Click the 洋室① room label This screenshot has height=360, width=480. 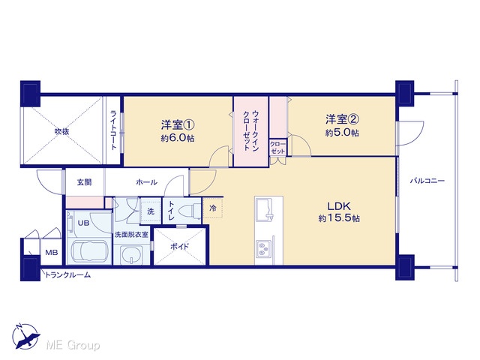(178, 125)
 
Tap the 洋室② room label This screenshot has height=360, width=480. (342, 119)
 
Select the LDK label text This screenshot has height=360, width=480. (339, 206)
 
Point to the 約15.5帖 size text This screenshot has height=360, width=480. (339, 218)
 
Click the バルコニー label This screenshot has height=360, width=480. (427, 181)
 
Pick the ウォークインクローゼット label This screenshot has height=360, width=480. (251, 130)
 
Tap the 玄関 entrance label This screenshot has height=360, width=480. (84, 182)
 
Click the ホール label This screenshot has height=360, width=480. (147, 182)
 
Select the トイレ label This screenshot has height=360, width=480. (171, 211)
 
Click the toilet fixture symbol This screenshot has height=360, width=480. (190, 211)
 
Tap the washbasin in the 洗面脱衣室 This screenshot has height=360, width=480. (132, 255)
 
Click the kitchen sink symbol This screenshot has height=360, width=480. (264, 208)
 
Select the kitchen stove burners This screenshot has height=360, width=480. (263, 248)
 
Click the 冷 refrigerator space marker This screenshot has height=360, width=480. (213, 208)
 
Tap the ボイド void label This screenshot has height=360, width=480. (180, 247)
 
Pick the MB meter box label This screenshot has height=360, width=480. (52, 253)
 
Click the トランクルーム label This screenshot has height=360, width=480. (67, 275)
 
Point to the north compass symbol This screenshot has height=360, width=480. (25, 336)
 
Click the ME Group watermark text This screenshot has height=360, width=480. (73, 345)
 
